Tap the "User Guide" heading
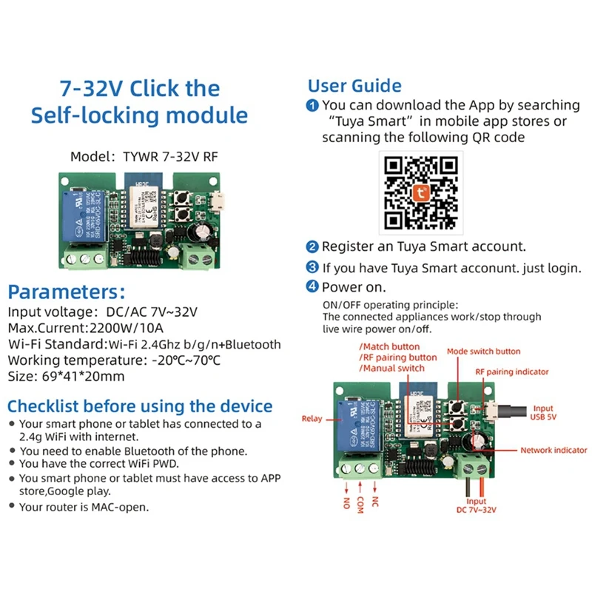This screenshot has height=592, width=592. coord(354,86)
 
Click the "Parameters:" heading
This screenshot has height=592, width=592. coord(67,291)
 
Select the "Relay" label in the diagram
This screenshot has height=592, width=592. coord(312,419)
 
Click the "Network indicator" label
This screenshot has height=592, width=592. coord(554,450)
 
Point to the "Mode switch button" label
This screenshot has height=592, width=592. coord(483,351)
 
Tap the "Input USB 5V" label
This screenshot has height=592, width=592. coord(542,413)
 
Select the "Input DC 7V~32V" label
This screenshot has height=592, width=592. coord(476,506)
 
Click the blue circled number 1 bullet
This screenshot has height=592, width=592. coord(313,106)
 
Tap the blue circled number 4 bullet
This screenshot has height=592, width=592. coord(313,287)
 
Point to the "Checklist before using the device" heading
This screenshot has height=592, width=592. coord(140,406)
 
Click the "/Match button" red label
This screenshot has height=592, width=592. coord(388,346)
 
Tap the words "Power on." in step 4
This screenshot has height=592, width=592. coord(354,287)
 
